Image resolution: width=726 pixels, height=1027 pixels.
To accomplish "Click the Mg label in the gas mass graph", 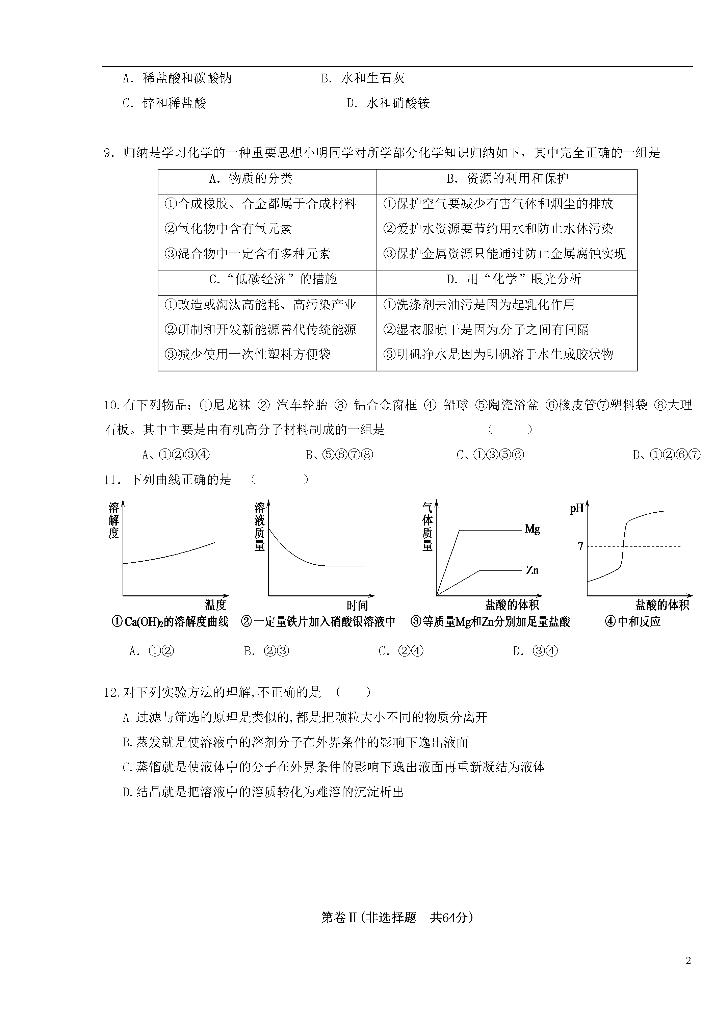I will [532, 529].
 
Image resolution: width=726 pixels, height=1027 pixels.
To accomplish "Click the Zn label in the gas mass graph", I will [532, 570].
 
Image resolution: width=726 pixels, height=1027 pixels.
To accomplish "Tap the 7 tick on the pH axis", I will [580, 546].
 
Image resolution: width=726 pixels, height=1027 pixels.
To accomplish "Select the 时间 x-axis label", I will [357, 606].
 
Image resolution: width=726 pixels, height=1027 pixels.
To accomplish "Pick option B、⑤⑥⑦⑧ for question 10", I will [339, 455].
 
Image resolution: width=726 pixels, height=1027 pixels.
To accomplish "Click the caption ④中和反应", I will [632, 622].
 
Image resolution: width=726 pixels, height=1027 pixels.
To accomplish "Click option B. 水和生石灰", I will [362, 79].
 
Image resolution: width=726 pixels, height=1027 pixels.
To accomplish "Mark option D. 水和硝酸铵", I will [388, 104].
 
